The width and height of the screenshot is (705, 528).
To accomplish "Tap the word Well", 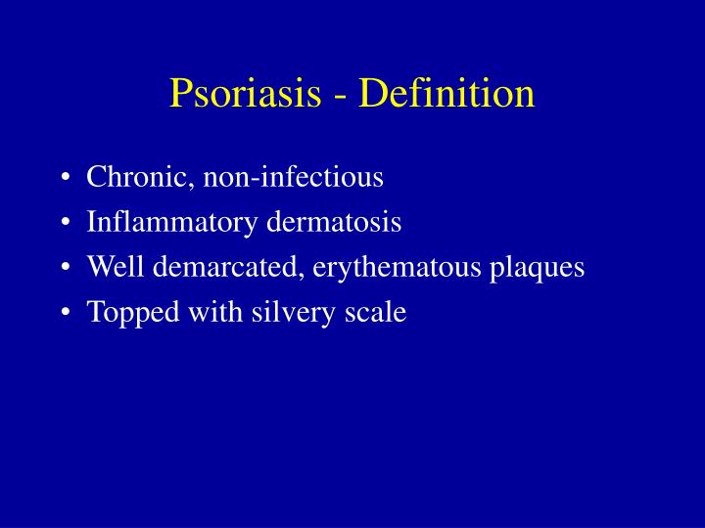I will (112, 268).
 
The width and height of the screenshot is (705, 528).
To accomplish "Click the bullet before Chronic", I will (65, 179).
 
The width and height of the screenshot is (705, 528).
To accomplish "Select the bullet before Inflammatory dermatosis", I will (65, 224).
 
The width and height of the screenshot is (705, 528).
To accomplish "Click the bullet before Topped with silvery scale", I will (65, 314).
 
